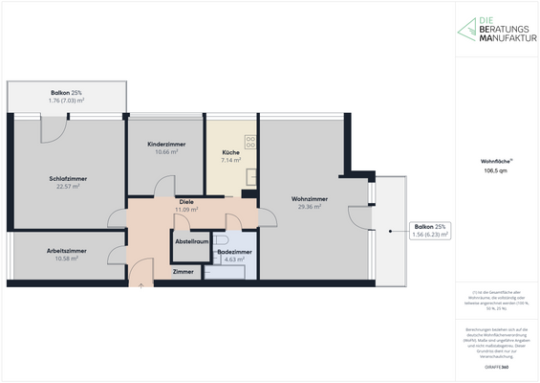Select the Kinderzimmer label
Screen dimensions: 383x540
(x=165, y=145)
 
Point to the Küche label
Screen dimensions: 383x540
(x=230, y=153)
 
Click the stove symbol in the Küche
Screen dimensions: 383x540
(x=250, y=142)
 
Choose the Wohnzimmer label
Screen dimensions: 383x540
(x=309, y=198)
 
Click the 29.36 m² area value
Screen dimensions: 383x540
(x=309, y=207)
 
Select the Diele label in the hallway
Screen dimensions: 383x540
(x=186, y=201)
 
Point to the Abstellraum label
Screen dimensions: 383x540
(x=191, y=241)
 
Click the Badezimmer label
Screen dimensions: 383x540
(x=234, y=251)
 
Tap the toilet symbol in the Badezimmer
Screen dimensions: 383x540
(x=221, y=239)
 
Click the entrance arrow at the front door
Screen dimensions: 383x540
(x=140, y=284)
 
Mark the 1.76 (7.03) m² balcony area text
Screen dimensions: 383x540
(x=66, y=100)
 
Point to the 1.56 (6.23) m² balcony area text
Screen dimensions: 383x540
(x=430, y=234)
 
